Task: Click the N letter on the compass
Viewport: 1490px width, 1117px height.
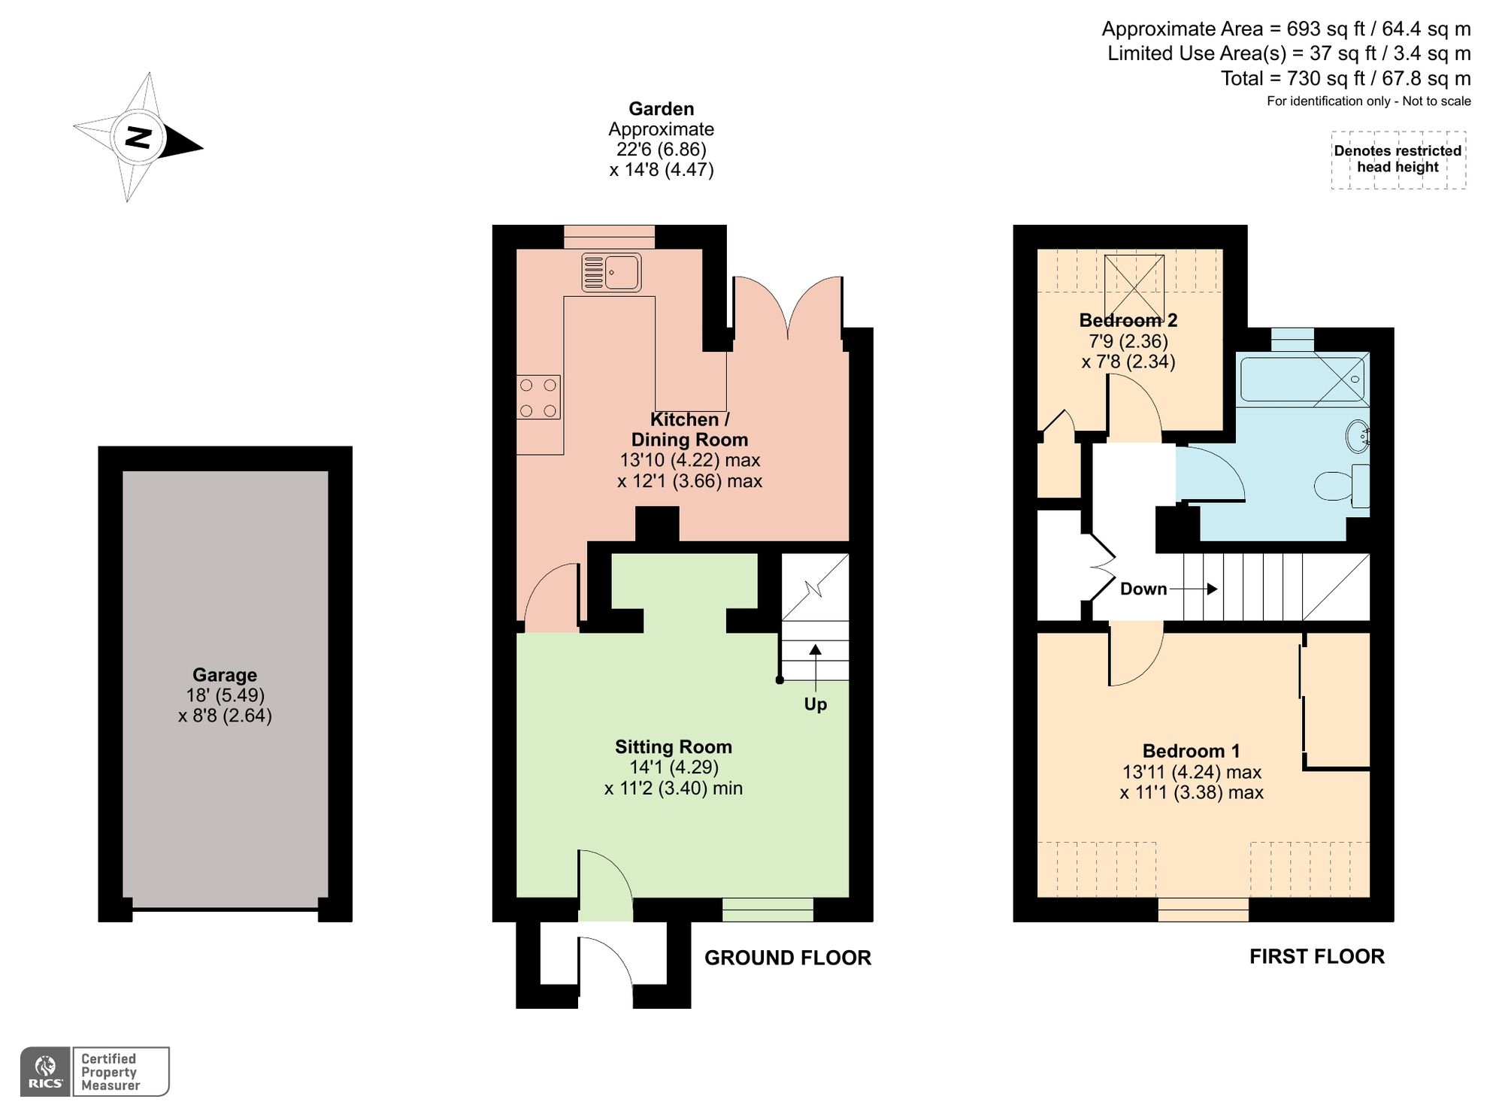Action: click(x=138, y=138)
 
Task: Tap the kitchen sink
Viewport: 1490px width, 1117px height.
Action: click(x=611, y=272)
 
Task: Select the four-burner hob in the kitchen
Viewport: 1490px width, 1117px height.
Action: click(x=538, y=397)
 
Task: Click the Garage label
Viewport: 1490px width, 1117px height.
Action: click(x=224, y=675)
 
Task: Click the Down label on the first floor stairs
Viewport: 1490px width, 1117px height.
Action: click(x=1143, y=589)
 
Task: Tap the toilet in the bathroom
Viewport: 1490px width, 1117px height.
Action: click(x=1342, y=486)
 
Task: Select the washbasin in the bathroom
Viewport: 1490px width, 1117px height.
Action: click(x=1357, y=436)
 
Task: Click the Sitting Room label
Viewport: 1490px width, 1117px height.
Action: click(x=673, y=746)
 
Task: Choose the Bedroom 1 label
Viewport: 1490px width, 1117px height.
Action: click(x=1191, y=751)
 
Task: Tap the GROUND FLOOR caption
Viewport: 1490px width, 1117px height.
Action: click(x=787, y=958)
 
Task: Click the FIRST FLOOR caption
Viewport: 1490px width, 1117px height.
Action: click(x=1316, y=956)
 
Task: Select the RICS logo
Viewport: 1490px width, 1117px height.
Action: click(x=46, y=1072)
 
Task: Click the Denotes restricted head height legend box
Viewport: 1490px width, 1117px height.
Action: click(x=1398, y=159)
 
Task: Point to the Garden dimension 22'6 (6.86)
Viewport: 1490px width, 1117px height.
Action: click(x=661, y=149)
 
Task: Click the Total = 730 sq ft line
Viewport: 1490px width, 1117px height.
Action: click(x=1345, y=78)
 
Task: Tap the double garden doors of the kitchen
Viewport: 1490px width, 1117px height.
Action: click(x=787, y=308)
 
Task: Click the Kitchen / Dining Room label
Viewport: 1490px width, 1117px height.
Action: click(x=689, y=429)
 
